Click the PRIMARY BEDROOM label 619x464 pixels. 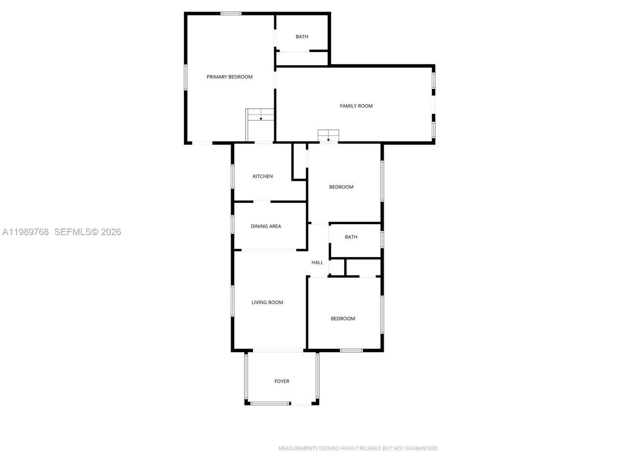tap(229, 77)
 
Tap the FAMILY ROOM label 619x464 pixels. tap(356, 106)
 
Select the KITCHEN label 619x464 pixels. tap(263, 176)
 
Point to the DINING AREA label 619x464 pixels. tap(265, 226)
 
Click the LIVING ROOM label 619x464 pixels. tap(267, 303)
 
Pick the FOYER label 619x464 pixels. tap(281, 381)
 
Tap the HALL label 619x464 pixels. tap(317, 262)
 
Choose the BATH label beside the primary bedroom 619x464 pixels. tap(302, 37)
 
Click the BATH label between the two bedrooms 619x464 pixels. tap(351, 237)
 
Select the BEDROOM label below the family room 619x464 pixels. tap(341, 187)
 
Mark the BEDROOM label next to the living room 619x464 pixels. tap(342, 319)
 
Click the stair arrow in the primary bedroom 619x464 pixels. tap(261, 118)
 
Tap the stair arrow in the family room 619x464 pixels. tap(328, 140)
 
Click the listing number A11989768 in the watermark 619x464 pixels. tap(26, 232)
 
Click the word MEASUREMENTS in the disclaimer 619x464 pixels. tap(297, 449)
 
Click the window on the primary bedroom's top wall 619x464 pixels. tap(231, 14)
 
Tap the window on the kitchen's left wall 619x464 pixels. tap(233, 176)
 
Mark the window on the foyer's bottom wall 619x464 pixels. tap(270, 403)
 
